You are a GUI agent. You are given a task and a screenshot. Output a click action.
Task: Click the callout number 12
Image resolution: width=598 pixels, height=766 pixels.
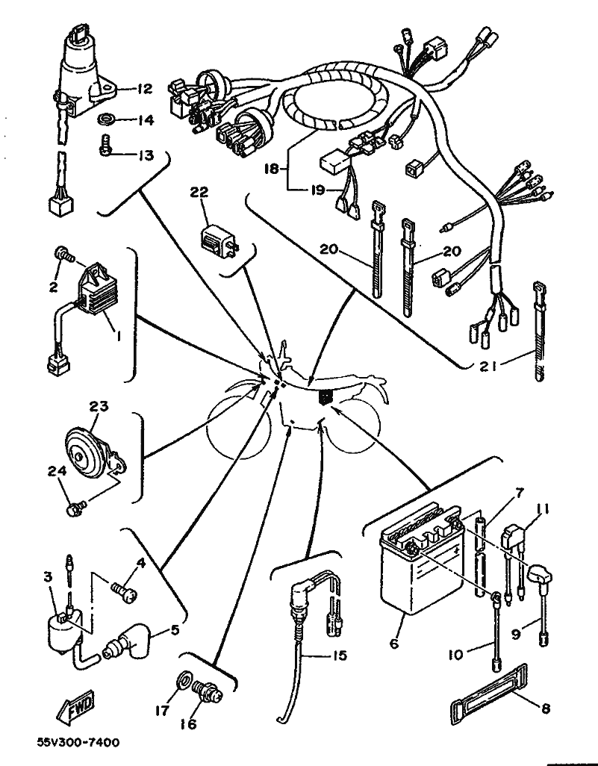click(144, 89)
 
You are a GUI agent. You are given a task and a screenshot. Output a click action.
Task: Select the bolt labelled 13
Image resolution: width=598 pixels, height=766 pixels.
click(105, 147)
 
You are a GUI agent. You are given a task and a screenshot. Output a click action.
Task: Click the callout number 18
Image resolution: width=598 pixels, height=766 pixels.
click(275, 169)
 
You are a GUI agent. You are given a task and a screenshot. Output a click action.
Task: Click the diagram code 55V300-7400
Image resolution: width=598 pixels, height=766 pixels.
click(78, 743)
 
